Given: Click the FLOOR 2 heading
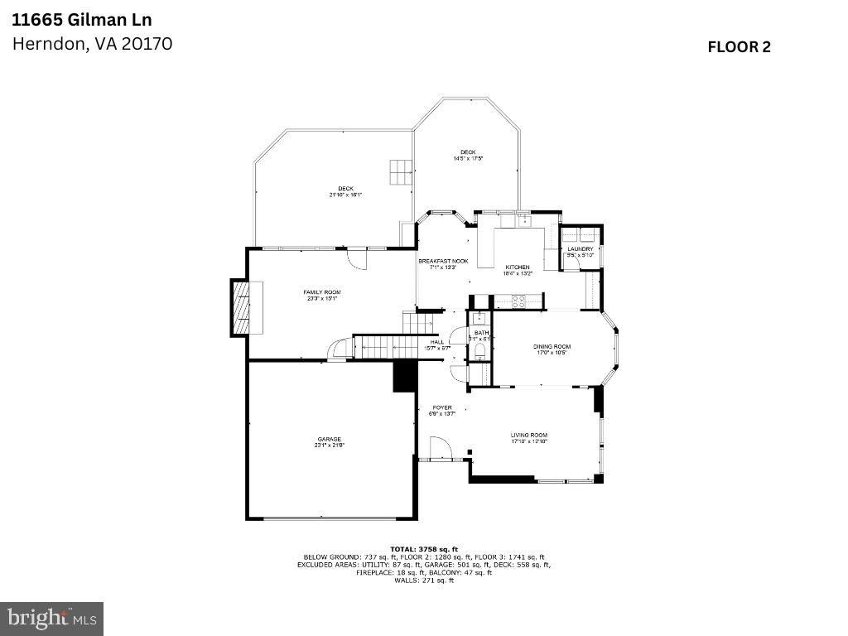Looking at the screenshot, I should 739,47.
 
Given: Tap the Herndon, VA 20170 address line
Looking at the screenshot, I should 92,44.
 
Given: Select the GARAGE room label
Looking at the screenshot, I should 329,440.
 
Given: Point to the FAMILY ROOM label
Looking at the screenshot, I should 321,292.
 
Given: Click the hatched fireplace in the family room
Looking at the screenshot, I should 239,307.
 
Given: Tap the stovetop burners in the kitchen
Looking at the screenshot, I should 518,301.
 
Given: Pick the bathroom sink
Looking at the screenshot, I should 479,319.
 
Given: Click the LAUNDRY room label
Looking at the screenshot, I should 580,248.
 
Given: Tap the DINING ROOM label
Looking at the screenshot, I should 552,346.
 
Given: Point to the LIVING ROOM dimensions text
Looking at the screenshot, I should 529,442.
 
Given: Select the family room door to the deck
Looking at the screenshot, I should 357,258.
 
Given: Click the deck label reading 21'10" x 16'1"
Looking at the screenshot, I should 344,195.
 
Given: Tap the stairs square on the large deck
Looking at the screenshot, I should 401,171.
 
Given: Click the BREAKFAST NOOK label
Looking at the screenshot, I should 443,261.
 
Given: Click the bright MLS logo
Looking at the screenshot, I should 51,618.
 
